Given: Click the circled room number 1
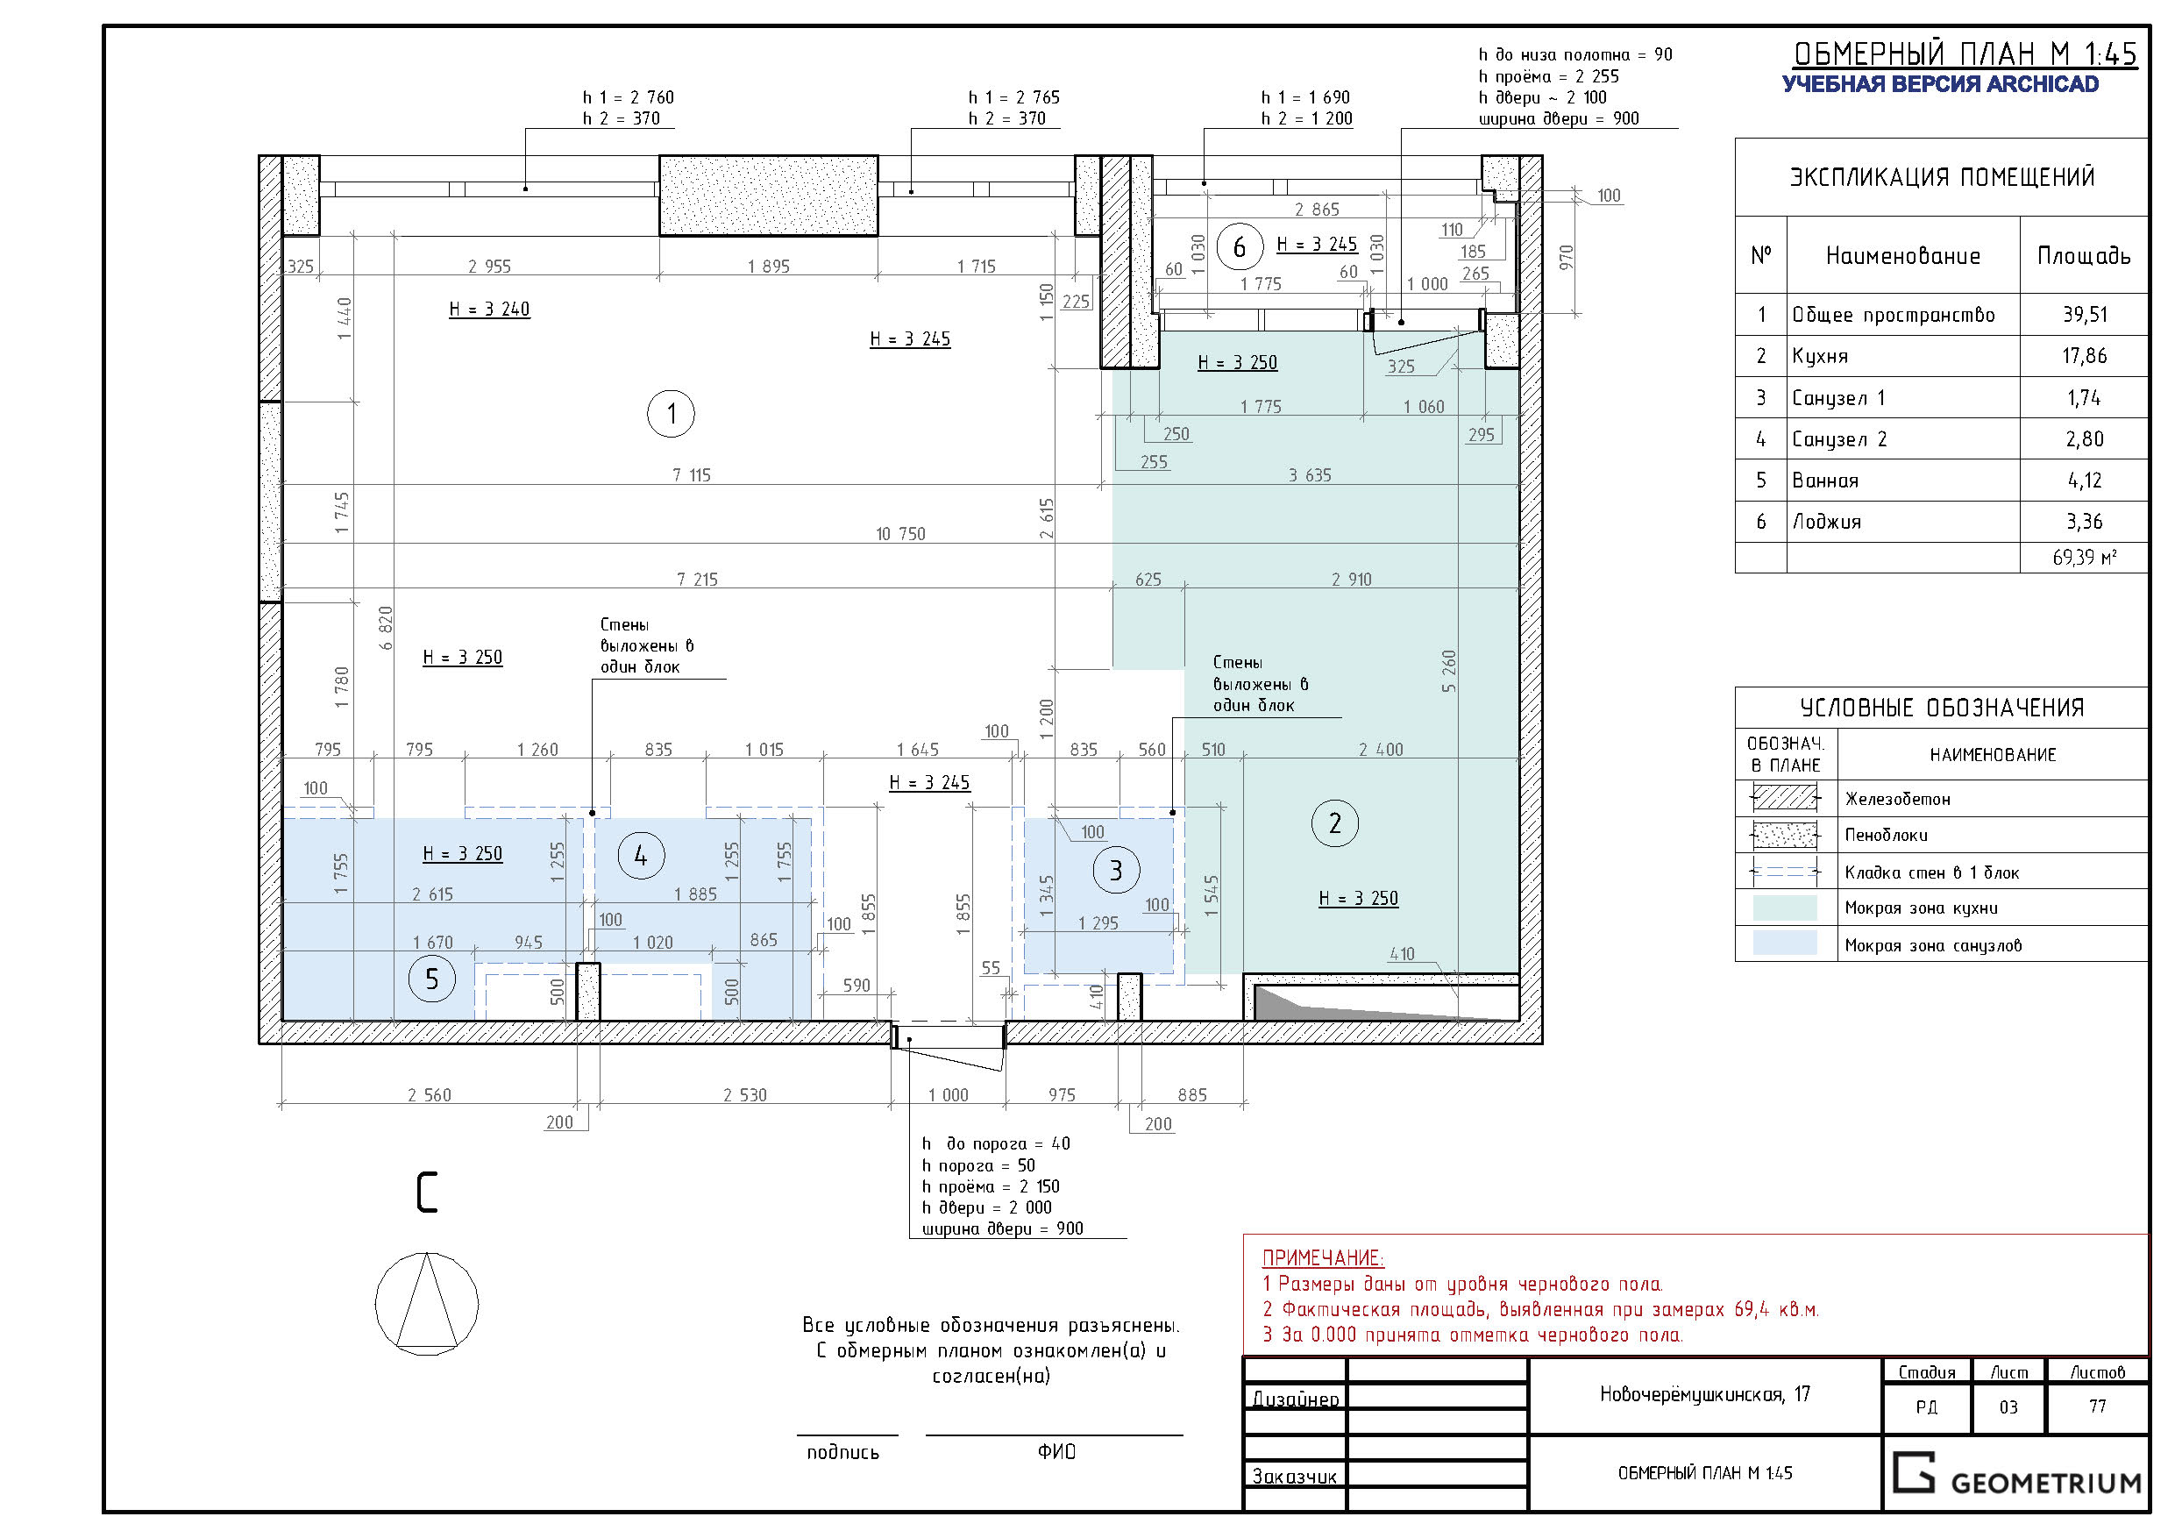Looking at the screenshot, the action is coord(671,413).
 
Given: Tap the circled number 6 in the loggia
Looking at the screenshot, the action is coord(1239,247).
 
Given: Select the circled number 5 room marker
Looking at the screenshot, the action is coord(432,979).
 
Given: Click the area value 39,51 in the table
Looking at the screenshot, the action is coord(2085,315).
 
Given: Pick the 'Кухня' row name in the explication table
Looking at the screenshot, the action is coord(1820,356).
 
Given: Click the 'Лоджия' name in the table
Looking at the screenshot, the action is coord(1826,522).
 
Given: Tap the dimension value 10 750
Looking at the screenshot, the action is coord(900,533).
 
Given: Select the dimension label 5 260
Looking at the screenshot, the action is coord(1448,671).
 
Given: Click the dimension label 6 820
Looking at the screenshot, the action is coord(386,629).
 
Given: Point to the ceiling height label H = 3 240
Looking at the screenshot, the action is coord(490,309).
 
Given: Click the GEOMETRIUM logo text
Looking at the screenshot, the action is coord(2046,1483).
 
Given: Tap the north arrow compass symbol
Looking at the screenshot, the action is coord(427,1304).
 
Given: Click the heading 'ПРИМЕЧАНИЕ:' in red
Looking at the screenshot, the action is coord(1322,1258).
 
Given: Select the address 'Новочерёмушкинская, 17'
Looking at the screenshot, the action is coord(1705,1394).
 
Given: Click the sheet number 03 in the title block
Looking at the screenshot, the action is coord(2008,1407).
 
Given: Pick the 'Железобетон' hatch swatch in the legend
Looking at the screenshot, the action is coord(1785,799).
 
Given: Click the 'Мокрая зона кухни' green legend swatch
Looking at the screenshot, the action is coord(1785,908).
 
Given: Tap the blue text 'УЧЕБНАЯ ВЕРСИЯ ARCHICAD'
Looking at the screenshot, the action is coord(1940,84).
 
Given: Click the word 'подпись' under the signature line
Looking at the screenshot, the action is coord(842,1453).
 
